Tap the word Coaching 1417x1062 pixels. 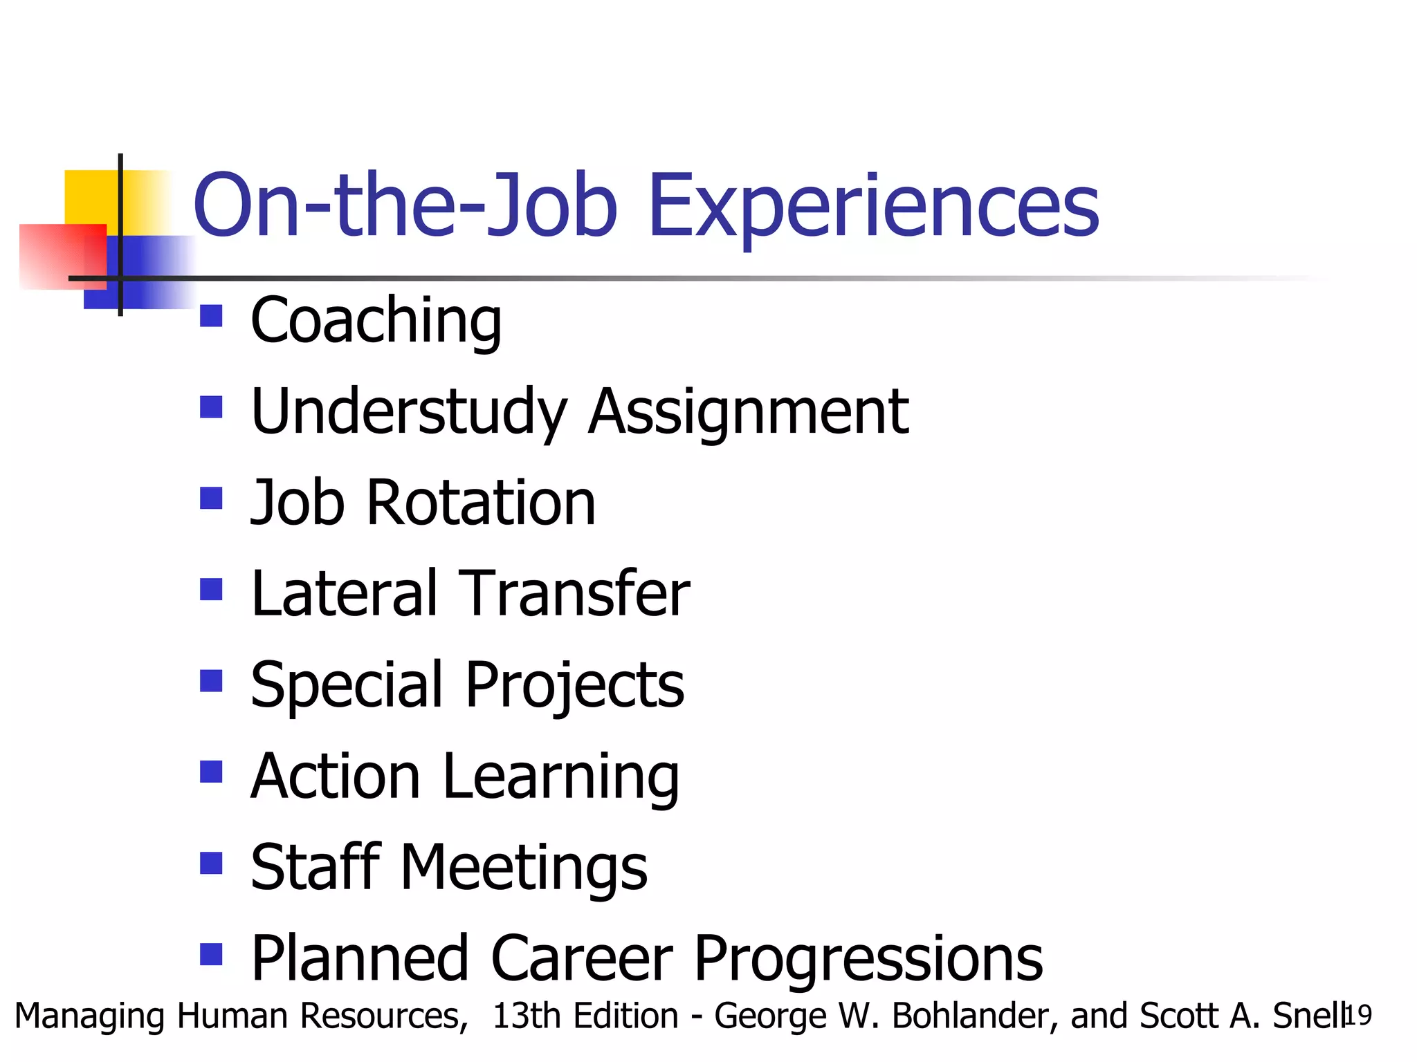pyautogui.click(x=376, y=322)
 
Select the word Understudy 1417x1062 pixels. pyautogui.click(x=409, y=412)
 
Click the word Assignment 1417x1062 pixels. pyautogui.click(x=748, y=412)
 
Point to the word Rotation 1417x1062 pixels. pyautogui.click(x=481, y=503)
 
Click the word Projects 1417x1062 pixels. pyautogui.click(x=574, y=686)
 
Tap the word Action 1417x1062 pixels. pyautogui.click(x=336, y=776)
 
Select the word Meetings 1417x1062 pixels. pyautogui.click(x=524, y=868)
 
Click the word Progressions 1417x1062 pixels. pyautogui.click(x=868, y=960)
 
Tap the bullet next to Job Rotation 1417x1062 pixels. pyautogui.click(x=211, y=498)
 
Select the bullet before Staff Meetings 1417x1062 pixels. pyautogui.click(x=211, y=863)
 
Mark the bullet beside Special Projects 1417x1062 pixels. pyautogui.click(x=211, y=680)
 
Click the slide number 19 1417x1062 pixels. pyautogui.click(x=1357, y=1016)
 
